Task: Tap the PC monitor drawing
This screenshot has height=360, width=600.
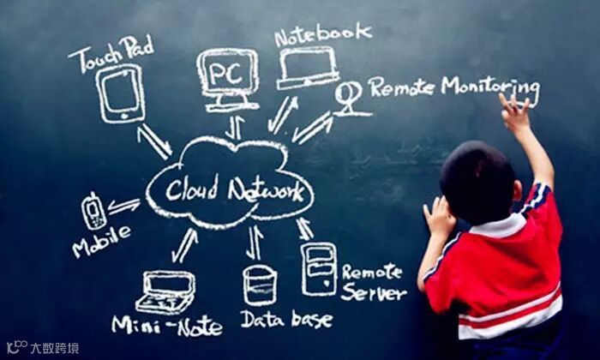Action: coord(225,76)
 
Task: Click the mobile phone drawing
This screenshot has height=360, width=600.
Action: coord(93,210)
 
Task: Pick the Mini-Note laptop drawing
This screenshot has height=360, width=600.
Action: coord(165,291)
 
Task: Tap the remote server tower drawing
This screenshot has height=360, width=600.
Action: coord(319,268)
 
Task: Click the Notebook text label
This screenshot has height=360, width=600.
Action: coord(323,33)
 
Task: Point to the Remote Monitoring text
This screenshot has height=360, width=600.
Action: coord(453,87)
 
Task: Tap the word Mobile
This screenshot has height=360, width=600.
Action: coord(102,239)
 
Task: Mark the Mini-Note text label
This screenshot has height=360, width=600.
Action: coord(166,326)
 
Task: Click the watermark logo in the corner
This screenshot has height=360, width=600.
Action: coord(42,347)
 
